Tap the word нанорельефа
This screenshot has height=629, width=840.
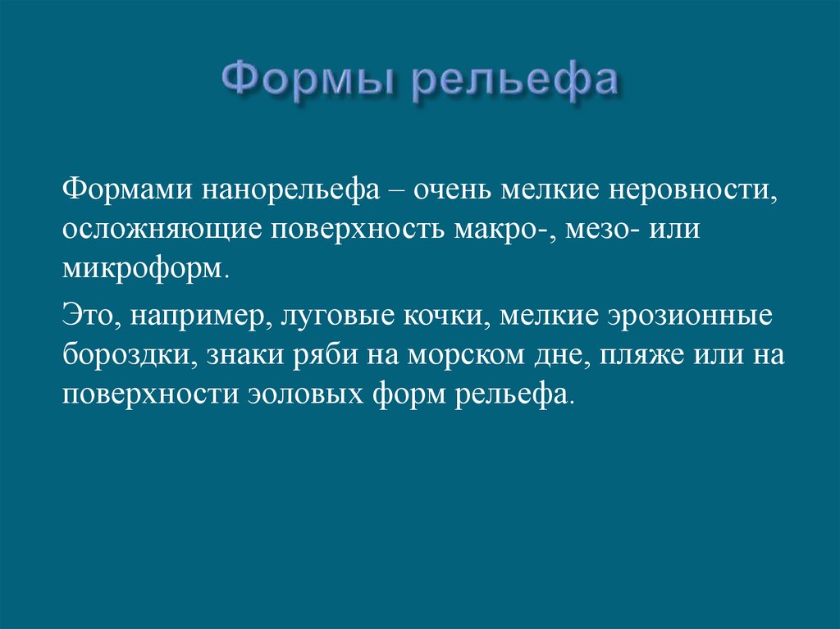pyautogui.click(x=294, y=190)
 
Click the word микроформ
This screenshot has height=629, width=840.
pyautogui.click(x=142, y=269)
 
